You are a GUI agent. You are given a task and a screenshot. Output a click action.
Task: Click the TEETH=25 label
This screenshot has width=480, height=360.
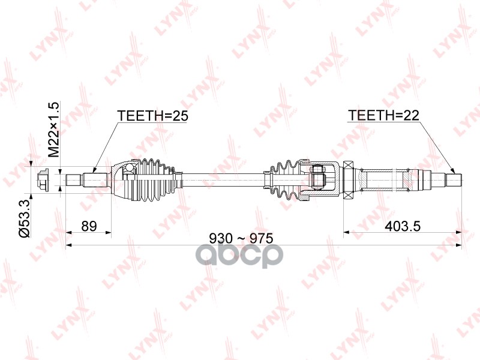pos(152,116)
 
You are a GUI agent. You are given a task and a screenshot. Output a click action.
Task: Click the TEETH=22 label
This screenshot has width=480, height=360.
pos(383,115)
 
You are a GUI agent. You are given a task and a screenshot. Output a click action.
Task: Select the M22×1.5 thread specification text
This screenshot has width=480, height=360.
pos(53,130)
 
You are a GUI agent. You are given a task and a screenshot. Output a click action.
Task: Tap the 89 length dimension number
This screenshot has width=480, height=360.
pos(89,226)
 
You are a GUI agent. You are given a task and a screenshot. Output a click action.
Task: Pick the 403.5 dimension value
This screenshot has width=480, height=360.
pos(403,227)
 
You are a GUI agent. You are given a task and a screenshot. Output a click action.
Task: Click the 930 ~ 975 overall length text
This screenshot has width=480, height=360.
pos(241,238)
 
